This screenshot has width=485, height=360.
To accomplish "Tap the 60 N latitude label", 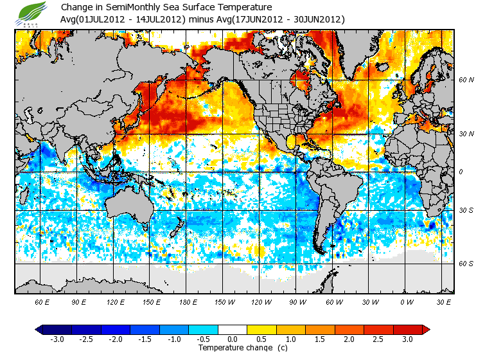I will coord(466,80).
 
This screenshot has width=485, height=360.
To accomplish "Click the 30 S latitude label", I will coord(466,211).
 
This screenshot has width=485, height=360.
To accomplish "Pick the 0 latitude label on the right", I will coord(461,172).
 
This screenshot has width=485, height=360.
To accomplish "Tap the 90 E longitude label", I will coord(79,301).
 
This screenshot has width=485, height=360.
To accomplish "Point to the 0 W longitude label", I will coord(405,301).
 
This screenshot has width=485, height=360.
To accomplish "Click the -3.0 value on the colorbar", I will coord(57,339).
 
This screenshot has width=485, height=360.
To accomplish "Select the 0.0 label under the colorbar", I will coord(233,339).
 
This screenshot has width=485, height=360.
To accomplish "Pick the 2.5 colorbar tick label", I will coord(379,339).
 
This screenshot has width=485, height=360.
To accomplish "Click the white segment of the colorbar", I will coord(233,329).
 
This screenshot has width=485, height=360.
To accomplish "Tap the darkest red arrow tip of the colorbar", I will coord(426,329).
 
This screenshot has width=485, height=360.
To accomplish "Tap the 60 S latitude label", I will coord(466,263).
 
